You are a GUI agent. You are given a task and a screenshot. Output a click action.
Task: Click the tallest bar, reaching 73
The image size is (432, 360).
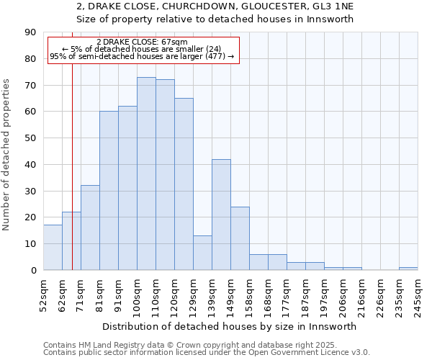146,174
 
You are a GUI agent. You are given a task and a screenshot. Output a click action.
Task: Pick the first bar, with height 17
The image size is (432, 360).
53,248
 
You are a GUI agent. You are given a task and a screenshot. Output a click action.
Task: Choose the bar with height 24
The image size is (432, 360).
240,238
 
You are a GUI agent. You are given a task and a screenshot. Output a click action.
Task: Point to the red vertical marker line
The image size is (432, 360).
72,180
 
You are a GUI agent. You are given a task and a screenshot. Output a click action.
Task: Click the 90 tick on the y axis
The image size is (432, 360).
30,32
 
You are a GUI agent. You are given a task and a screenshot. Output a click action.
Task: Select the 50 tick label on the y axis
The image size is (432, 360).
30,138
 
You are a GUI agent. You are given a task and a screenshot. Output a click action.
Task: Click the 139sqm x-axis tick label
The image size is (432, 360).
212,295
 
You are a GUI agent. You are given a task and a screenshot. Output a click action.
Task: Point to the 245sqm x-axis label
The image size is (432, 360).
418,295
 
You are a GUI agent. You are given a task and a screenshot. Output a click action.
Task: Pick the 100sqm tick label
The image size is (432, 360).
138,295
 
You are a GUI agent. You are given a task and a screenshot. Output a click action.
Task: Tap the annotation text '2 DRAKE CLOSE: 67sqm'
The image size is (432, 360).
142,42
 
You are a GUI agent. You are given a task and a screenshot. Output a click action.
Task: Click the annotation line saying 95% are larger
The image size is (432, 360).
142,56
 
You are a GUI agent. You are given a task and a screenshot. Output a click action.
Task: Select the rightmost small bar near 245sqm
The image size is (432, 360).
408,269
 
